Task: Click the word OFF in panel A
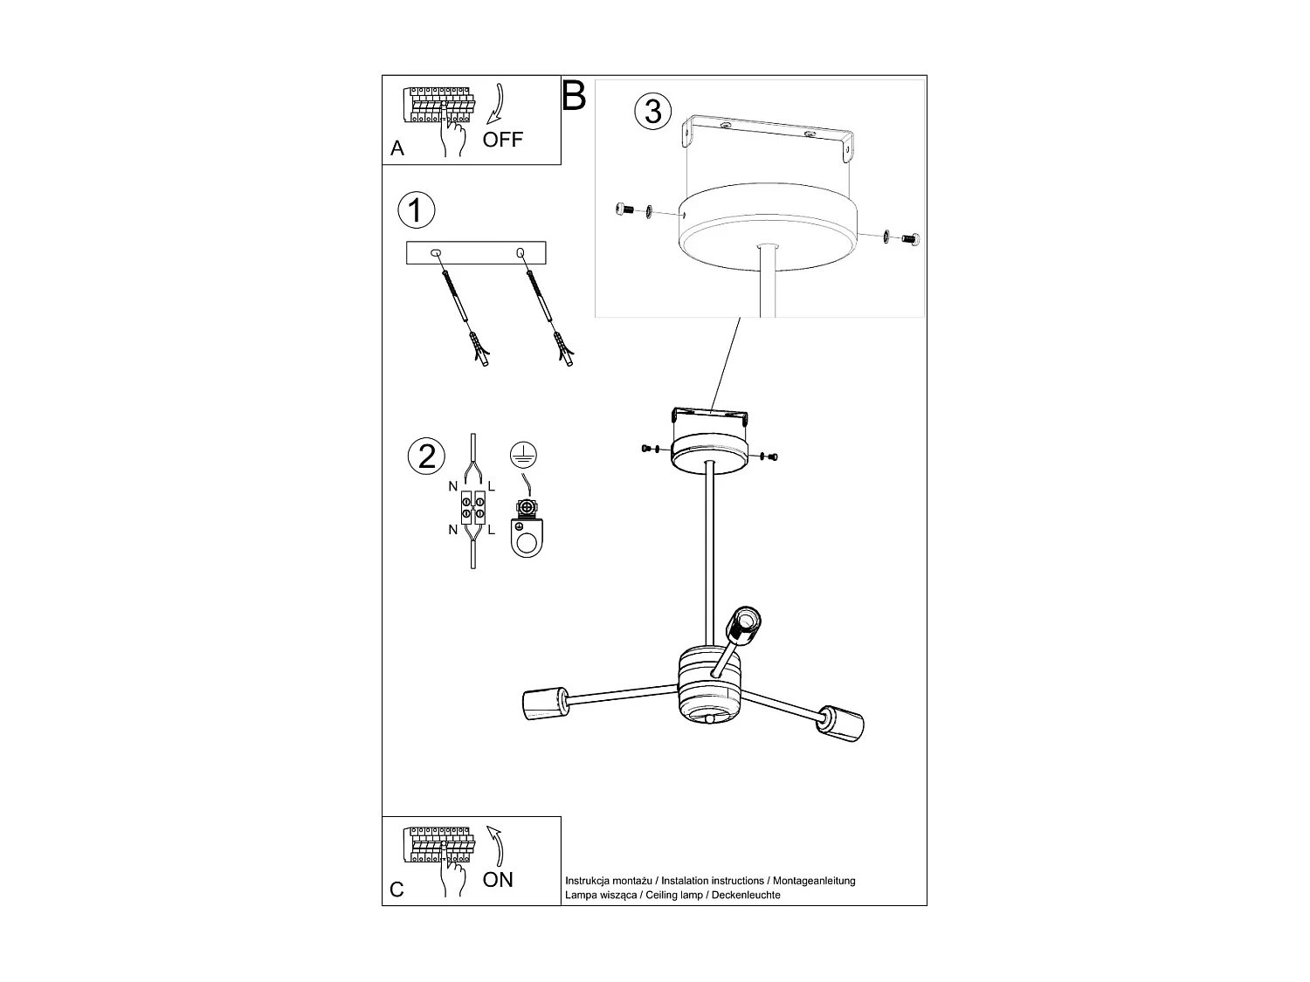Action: click(x=503, y=140)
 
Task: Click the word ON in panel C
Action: click(x=498, y=880)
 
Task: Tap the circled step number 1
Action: click(x=416, y=210)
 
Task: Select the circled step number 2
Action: click(x=426, y=456)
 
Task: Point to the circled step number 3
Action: click(x=653, y=112)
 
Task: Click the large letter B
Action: click(x=574, y=95)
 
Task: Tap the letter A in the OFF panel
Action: click(x=397, y=149)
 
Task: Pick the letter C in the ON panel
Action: click(x=397, y=889)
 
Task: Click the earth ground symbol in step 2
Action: click(x=522, y=454)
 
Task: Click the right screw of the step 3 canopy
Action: click(x=912, y=237)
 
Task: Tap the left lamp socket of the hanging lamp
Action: click(x=541, y=704)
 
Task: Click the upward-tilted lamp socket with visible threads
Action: click(x=745, y=625)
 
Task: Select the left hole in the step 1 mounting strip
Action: click(x=436, y=253)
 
